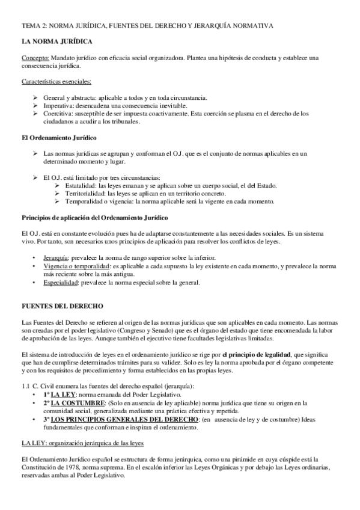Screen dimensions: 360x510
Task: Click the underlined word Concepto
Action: coord(35,58)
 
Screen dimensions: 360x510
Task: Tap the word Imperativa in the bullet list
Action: coord(57,105)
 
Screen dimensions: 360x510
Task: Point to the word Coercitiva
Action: coord(56,112)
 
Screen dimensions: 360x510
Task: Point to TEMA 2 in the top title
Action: coord(32,25)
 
